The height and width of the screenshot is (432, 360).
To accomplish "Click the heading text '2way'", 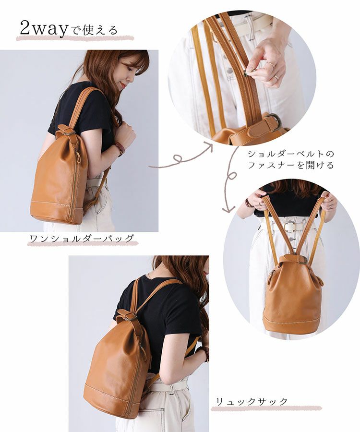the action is [x=44, y=29].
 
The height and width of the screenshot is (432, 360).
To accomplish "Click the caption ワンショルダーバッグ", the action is [x=82, y=238].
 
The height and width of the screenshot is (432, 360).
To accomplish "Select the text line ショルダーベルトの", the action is [x=291, y=154].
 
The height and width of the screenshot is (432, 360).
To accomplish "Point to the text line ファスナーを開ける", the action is [x=291, y=165].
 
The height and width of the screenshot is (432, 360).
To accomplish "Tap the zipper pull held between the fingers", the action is [x=248, y=73].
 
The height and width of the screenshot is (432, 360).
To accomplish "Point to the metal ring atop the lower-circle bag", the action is [x=302, y=260].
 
